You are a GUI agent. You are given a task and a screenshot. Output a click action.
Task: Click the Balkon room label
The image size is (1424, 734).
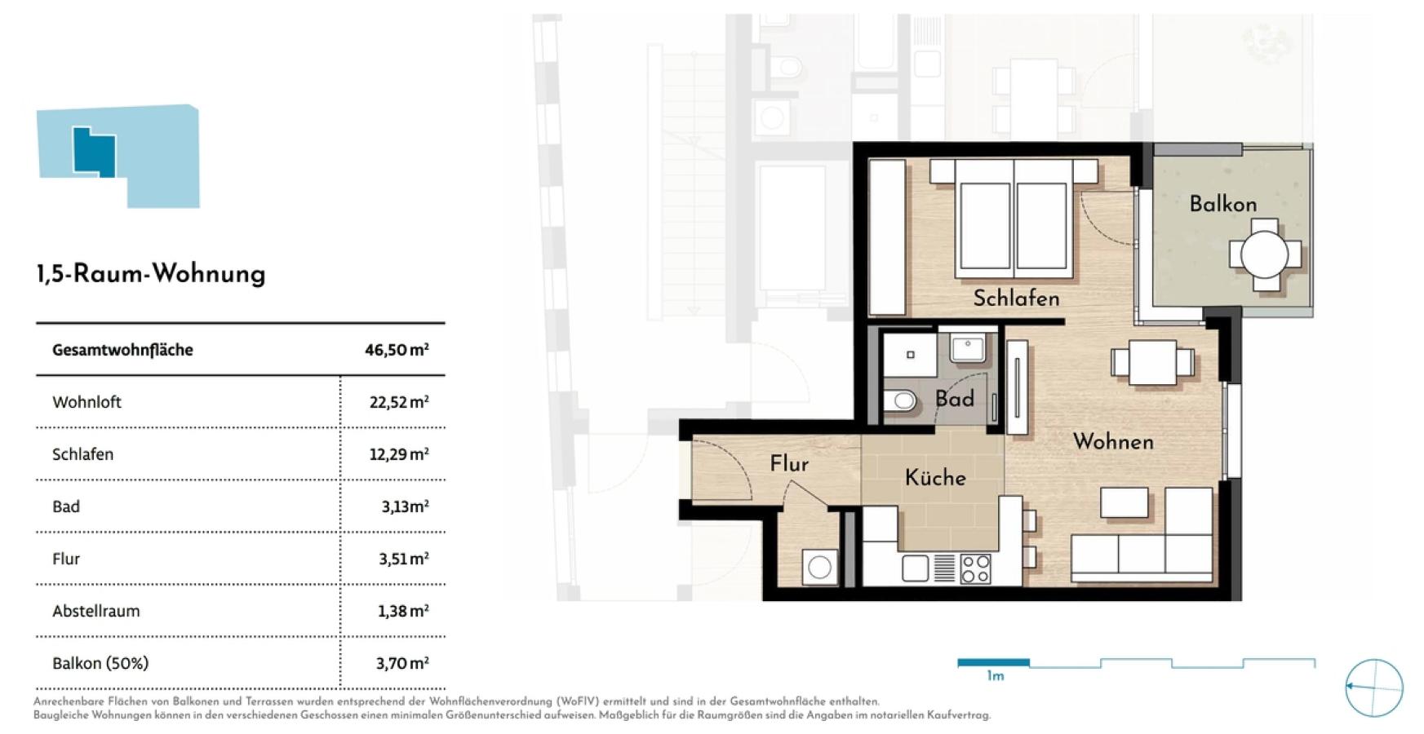(x=1222, y=204)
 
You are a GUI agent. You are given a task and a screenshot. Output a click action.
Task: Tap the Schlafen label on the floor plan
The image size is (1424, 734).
(x=1016, y=298)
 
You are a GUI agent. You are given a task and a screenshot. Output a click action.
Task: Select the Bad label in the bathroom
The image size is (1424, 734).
(x=954, y=399)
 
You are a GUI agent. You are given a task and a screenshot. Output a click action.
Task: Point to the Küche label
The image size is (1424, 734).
(x=935, y=477)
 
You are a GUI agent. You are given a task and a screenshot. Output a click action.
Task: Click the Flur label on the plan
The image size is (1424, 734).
(x=789, y=464)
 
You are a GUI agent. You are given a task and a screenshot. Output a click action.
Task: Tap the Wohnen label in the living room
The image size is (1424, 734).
(x=1113, y=442)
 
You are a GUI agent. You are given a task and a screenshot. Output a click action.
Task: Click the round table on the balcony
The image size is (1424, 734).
(x=1264, y=254)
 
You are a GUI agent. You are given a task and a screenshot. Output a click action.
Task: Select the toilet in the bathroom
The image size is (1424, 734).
(x=900, y=400)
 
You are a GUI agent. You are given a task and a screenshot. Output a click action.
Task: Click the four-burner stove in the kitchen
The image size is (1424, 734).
(x=975, y=568)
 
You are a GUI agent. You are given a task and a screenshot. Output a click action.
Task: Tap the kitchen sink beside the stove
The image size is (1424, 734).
(x=915, y=568)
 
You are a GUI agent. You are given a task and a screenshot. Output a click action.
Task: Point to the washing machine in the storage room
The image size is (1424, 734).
(x=819, y=567)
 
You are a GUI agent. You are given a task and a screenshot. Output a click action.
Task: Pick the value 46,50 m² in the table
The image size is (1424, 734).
(x=397, y=350)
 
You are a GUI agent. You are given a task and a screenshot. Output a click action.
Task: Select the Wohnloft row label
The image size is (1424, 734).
(x=87, y=402)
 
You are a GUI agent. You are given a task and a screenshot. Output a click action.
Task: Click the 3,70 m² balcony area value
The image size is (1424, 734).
(x=402, y=663)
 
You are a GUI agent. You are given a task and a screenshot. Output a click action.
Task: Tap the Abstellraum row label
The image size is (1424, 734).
(x=96, y=611)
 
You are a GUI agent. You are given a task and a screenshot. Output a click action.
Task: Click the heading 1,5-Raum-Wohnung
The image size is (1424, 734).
(x=151, y=274)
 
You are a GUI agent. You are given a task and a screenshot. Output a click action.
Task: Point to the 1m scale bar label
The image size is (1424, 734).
(x=996, y=676)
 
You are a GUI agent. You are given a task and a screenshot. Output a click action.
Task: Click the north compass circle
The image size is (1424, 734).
(x=1374, y=688)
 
